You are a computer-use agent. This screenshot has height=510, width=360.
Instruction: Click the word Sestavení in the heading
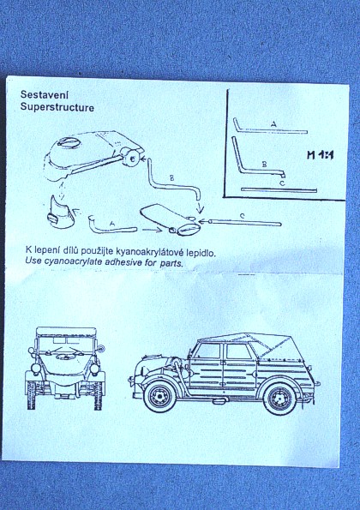coord(45,94)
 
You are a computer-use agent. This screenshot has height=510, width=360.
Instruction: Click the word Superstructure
coord(57,107)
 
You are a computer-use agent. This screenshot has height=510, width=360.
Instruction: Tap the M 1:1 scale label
coord(321,155)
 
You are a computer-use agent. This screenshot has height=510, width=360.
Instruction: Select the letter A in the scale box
coord(273,124)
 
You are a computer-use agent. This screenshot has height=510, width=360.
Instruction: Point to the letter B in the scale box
coord(264,165)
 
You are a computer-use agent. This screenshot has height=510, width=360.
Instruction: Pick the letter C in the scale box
coord(282,183)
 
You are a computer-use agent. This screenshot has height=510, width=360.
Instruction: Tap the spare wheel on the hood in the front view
coord(63,357)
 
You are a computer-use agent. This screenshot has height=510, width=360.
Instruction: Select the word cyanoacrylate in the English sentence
coord(73,261)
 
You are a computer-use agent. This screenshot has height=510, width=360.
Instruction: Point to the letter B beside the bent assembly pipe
coord(171,178)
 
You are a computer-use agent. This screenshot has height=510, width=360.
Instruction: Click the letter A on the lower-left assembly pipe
coord(112,224)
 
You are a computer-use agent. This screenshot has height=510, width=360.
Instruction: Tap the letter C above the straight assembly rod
coord(242,216)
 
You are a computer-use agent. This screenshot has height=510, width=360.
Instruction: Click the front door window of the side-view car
coord(208,351)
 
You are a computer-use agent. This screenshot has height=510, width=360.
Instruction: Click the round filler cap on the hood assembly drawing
coord(69,143)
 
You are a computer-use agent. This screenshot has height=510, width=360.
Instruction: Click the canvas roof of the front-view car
coord(66,332)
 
